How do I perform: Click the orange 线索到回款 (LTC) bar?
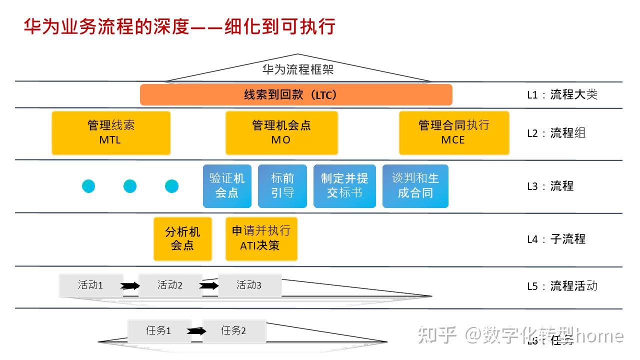click(x=296, y=94)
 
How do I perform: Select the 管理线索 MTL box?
click(x=111, y=132)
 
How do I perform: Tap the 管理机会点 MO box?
click(x=281, y=132)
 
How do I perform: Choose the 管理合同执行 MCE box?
click(x=453, y=132)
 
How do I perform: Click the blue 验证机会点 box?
click(x=227, y=185)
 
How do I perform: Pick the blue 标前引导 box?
click(x=282, y=185)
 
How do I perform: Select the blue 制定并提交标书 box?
click(x=344, y=185)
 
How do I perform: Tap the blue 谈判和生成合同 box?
click(x=415, y=185)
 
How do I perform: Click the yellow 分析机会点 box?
click(x=182, y=238)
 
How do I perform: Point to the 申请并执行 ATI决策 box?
click(x=261, y=238)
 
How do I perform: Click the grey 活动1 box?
click(x=90, y=285)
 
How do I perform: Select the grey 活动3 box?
click(x=249, y=285)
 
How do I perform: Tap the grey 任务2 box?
click(x=234, y=331)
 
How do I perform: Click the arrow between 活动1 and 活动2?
click(x=130, y=286)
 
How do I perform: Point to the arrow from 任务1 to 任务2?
click(x=196, y=331)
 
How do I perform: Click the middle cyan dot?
click(x=130, y=186)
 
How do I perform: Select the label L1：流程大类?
click(x=562, y=94)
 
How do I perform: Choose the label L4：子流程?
click(x=556, y=239)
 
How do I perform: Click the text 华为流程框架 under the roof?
click(x=297, y=69)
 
